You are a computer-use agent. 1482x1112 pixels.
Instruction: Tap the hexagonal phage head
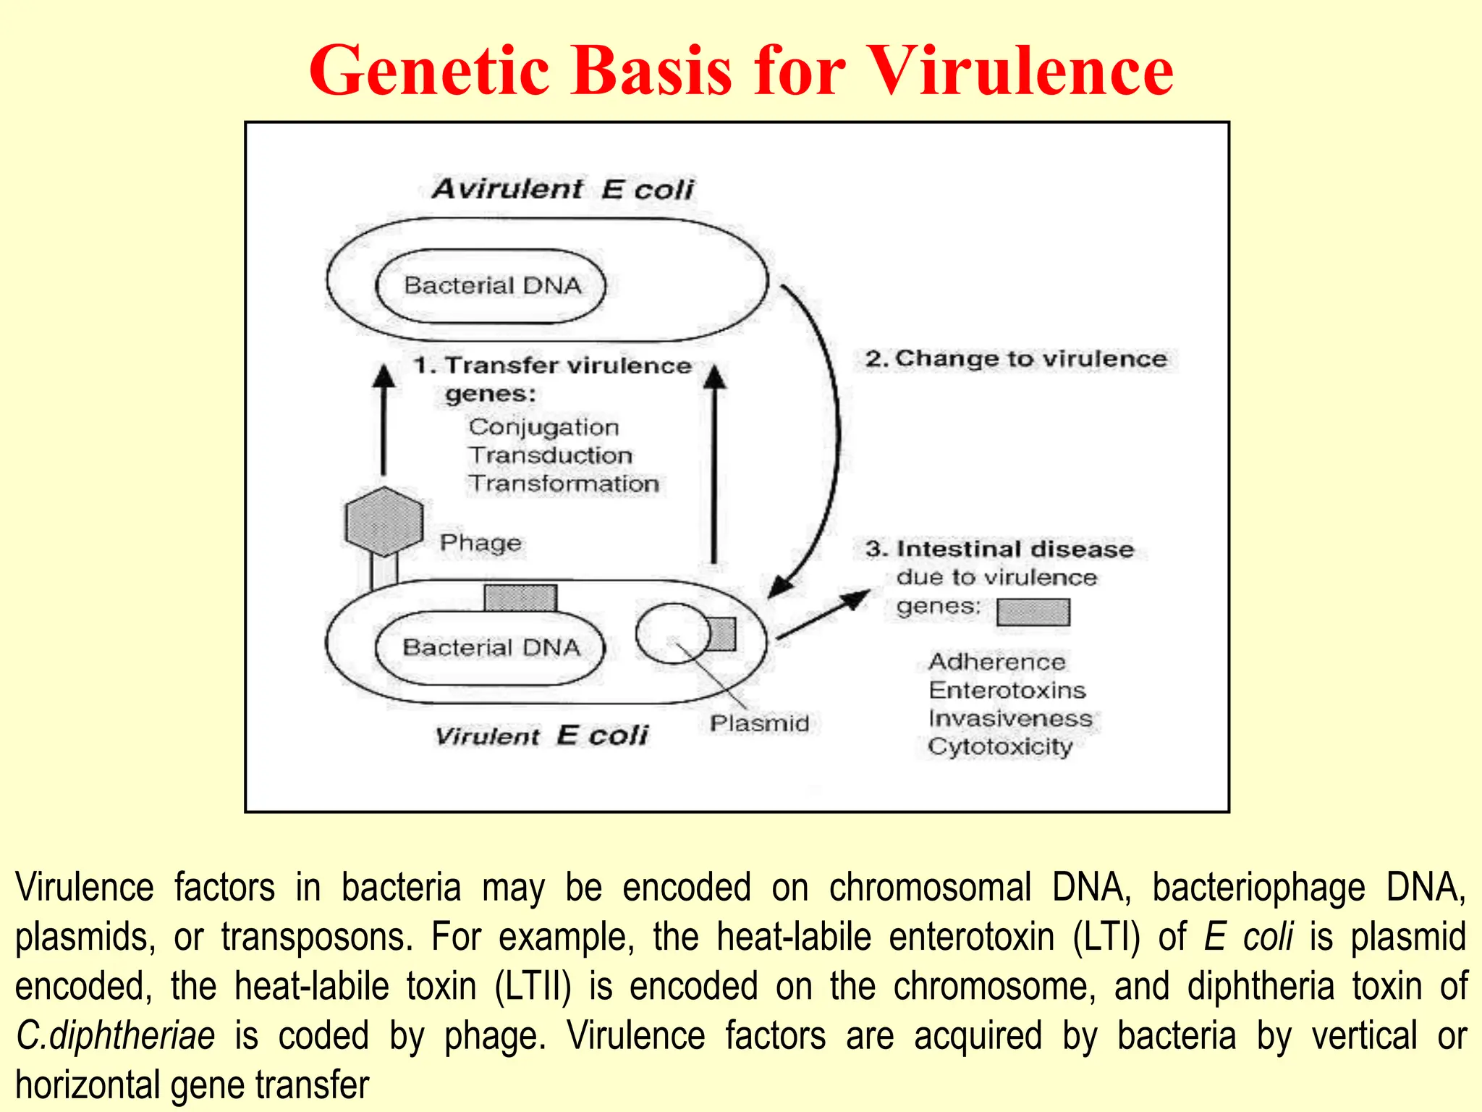384,521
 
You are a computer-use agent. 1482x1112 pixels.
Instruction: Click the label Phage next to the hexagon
480,543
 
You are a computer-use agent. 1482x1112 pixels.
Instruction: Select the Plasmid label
759,723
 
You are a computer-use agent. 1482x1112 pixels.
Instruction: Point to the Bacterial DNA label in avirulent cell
492,285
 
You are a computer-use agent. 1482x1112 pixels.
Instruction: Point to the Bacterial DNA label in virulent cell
491,647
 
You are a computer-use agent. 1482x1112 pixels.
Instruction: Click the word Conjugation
543,427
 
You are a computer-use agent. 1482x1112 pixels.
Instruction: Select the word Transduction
550,455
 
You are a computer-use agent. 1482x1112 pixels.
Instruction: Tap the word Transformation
563,484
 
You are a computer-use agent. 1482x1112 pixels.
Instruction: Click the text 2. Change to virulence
1016,359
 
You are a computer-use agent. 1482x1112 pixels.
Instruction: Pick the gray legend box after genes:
1033,612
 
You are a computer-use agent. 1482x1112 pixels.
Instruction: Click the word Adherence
996,662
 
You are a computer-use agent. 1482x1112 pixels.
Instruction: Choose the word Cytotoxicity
1000,746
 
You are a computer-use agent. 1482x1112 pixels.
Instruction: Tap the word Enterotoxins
1007,690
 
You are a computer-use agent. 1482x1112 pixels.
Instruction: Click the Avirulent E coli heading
562,190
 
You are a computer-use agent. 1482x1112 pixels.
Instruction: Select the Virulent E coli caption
541,736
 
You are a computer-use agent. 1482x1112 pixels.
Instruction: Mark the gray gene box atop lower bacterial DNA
520,598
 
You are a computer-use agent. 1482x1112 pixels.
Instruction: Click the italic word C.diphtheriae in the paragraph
116,1036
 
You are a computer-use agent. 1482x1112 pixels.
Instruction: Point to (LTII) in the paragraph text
533,987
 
